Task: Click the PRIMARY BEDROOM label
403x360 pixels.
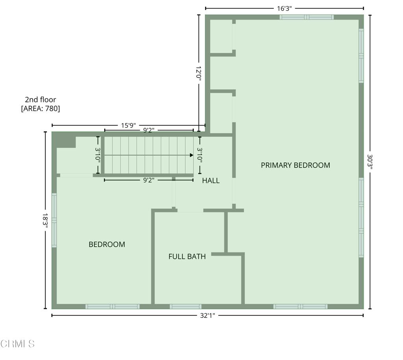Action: [295, 165]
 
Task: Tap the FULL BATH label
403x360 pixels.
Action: [187, 256]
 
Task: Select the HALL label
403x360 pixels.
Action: [211, 180]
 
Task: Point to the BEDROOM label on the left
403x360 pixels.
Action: [107, 244]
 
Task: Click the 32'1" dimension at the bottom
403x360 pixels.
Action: [207, 315]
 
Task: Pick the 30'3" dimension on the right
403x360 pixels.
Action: [370, 162]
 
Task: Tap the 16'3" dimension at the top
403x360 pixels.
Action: [284, 9]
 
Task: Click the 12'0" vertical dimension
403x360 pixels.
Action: [198, 74]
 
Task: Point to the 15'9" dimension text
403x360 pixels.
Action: [129, 126]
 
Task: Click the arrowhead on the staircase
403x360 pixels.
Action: [192, 155]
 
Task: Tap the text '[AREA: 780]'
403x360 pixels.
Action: [41, 109]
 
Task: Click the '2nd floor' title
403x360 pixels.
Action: [41, 100]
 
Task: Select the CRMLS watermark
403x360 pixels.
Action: [17, 344]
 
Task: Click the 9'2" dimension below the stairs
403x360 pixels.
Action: [149, 180]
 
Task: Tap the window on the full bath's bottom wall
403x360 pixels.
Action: [186, 306]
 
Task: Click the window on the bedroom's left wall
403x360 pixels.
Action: [54, 220]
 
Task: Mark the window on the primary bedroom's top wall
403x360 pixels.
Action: [307, 17]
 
